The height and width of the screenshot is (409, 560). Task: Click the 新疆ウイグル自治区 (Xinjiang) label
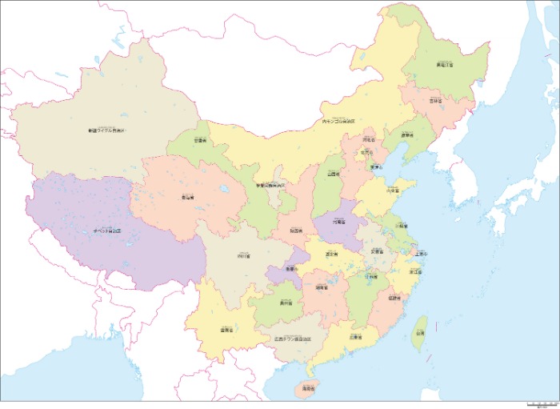tap(108, 130)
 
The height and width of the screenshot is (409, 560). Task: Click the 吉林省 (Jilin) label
tap(435, 102)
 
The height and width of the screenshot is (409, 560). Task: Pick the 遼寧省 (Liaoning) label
tap(406, 135)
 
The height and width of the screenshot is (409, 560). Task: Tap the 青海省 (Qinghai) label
tap(188, 196)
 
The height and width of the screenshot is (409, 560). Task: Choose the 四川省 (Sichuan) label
tap(243, 256)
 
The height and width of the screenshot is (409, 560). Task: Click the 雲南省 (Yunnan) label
tap(226, 329)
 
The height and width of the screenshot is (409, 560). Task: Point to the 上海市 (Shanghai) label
tap(422, 254)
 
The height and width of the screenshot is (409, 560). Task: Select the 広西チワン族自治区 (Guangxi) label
tap(295, 339)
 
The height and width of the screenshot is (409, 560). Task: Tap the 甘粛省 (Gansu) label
tap(199, 140)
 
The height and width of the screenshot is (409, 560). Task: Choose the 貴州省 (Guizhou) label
tap(286, 303)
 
